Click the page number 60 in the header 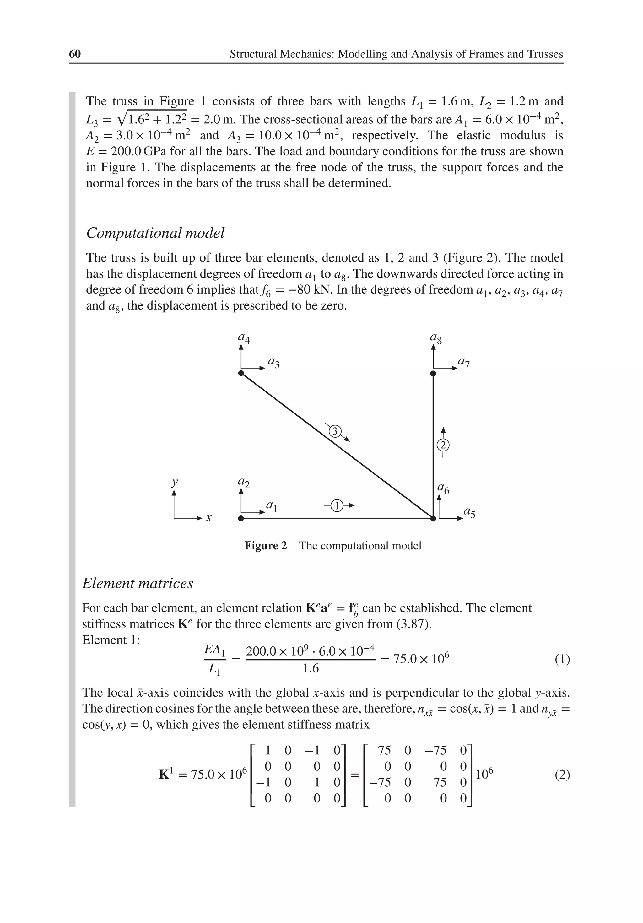(75, 54)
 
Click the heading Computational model (155, 233)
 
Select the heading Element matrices (138, 583)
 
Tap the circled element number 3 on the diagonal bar (335, 431)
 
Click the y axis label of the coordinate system (175, 482)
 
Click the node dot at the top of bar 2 (433, 374)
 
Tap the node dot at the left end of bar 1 (241, 519)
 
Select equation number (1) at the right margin (562, 659)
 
